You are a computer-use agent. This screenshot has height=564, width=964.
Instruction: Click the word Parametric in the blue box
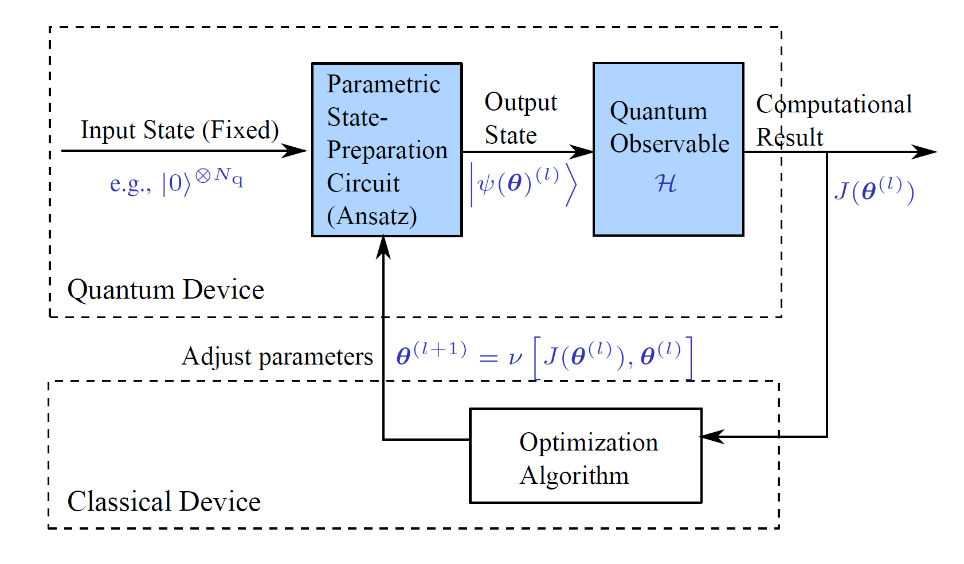[383, 84]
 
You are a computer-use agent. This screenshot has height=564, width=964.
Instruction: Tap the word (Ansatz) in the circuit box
[371, 217]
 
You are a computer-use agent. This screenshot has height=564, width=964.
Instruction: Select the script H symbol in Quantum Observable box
[665, 183]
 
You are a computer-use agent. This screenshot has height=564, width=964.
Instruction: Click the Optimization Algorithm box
[585, 456]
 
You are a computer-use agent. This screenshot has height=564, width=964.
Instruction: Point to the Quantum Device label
[166, 290]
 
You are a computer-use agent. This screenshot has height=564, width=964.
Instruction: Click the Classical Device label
[164, 502]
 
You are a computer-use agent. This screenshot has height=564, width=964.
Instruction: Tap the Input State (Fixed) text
[179, 130]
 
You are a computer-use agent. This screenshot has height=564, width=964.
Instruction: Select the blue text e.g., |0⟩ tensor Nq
[176, 182]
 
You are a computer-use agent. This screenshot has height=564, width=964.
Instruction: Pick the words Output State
[520, 119]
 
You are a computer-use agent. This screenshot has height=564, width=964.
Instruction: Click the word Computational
[833, 104]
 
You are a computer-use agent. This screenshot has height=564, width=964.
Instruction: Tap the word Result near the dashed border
[789, 138]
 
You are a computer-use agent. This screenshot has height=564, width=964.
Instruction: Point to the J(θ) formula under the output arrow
[873, 191]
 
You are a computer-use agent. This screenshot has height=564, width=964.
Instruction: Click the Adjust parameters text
[277, 357]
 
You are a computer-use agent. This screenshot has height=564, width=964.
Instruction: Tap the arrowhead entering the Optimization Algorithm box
[712, 437]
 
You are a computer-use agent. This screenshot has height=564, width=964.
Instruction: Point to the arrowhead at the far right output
[924, 152]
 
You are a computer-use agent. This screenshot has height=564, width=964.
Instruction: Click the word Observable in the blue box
[669, 144]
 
